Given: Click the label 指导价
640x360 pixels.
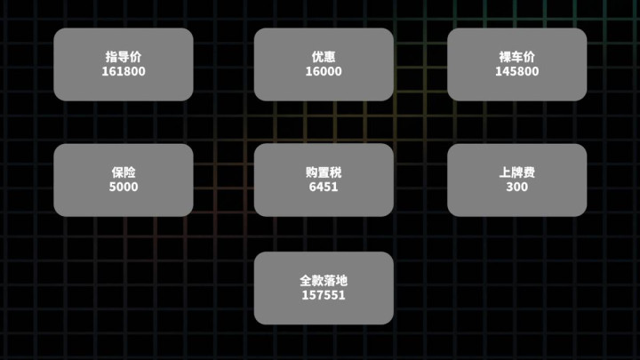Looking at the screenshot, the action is (x=124, y=57).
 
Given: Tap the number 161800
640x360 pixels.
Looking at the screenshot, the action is (x=124, y=71).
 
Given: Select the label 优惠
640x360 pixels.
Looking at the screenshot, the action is (x=324, y=57).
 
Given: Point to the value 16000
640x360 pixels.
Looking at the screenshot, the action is (x=324, y=71).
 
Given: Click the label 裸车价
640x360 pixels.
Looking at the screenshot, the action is (x=516, y=57).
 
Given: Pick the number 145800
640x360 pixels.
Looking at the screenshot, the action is (x=516, y=71).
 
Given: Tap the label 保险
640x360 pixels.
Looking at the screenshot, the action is (x=124, y=172).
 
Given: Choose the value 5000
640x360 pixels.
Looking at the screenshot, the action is (x=124, y=187).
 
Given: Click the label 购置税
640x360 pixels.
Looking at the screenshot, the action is (x=324, y=172).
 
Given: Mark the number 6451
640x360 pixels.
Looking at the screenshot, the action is (x=324, y=187).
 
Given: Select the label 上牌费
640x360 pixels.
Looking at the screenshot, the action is (x=516, y=172).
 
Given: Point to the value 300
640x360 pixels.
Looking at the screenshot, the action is (x=516, y=187).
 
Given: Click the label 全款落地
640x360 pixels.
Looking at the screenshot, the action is (x=324, y=280).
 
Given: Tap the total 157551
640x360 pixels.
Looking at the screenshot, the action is (x=324, y=295).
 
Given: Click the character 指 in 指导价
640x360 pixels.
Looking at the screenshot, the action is (x=111, y=57).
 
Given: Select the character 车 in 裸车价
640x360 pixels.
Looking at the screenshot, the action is (x=516, y=57).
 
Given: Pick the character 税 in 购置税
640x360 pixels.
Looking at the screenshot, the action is (x=336, y=172).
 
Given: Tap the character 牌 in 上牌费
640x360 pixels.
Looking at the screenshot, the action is (x=516, y=172).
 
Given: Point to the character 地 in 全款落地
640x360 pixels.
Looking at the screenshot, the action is (x=341, y=280).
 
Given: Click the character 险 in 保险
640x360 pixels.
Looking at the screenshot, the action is (x=130, y=172).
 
